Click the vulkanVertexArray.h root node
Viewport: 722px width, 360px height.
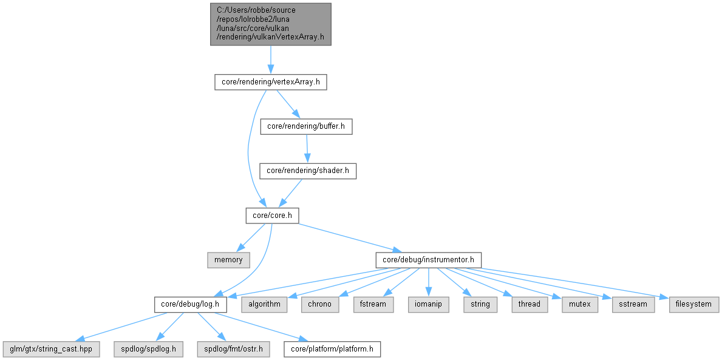(270, 24)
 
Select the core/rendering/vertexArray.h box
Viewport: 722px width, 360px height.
(270, 82)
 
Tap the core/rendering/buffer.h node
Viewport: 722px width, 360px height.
(306, 126)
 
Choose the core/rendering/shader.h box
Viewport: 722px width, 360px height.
(307, 171)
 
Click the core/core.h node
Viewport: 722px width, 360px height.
(271, 215)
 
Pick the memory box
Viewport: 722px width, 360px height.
(228, 260)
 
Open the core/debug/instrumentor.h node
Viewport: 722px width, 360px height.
(429, 260)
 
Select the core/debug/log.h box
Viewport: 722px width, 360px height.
(190, 304)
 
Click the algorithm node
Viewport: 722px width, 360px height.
(264, 304)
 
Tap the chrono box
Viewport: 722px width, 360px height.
(319, 304)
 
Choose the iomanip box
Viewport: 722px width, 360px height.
(428, 304)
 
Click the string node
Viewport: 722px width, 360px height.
(480, 304)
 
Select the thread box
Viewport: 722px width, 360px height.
(529, 304)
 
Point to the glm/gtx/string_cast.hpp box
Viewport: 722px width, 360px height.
(51, 349)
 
